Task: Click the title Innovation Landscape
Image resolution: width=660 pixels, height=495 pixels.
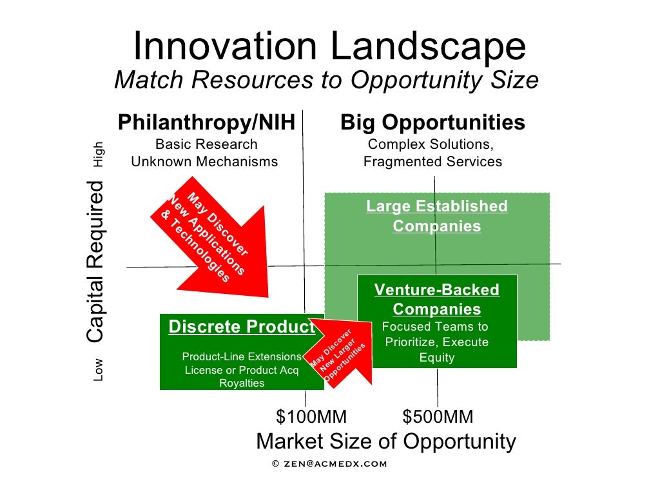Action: coord(329,47)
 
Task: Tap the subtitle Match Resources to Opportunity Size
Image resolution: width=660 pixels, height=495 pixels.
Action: coord(326,81)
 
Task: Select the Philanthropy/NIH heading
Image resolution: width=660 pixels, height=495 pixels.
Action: coord(206,122)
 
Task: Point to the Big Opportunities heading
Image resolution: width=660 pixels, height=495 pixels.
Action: coord(432,122)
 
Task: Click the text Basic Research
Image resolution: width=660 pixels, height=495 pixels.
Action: coord(206,144)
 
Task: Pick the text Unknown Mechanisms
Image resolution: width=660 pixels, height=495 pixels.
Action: coord(204,162)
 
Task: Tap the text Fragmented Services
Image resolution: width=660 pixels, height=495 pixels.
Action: coord(432,162)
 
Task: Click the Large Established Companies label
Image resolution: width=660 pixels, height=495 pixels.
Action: coord(437,217)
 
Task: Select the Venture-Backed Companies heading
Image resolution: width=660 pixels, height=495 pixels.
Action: coord(437,299)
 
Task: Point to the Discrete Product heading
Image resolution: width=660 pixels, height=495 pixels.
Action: coord(242,327)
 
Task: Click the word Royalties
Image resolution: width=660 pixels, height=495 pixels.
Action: coord(242,383)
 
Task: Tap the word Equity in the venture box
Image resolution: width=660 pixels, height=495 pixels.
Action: coord(437,358)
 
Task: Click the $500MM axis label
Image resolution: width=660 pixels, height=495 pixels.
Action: coord(438,417)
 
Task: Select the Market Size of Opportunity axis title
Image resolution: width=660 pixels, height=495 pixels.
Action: coord(386,442)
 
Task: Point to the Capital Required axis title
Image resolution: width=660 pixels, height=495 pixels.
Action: coord(95,262)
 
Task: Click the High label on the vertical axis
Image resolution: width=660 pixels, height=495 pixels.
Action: coord(98,155)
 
